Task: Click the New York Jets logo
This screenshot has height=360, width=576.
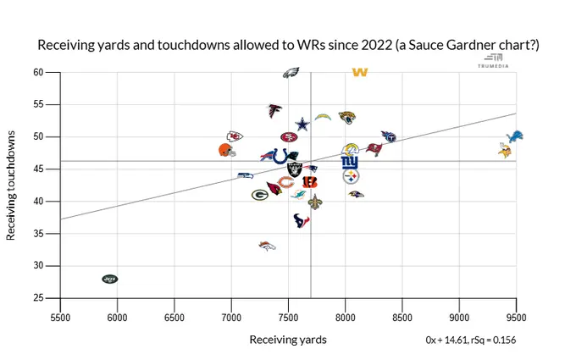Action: [110, 279]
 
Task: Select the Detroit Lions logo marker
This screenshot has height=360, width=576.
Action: [513, 136]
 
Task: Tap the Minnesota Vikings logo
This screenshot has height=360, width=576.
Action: [507, 150]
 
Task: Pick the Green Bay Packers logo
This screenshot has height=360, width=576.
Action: [259, 195]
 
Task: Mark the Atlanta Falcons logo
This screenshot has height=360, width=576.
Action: [275, 110]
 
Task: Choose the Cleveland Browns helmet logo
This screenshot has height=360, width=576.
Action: [225, 150]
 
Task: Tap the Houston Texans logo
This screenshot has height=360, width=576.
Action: [302, 220]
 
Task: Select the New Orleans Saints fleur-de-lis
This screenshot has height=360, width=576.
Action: [314, 202]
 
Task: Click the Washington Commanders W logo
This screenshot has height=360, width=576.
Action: [359, 72]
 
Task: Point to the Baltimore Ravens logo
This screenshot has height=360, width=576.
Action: [357, 195]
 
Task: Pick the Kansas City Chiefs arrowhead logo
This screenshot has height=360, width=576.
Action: [235, 136]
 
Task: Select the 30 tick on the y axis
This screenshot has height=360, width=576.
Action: [39, 266]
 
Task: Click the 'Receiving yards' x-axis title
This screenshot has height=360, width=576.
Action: [287, 339]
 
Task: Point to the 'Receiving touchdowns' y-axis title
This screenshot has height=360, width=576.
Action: [11, 185]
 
